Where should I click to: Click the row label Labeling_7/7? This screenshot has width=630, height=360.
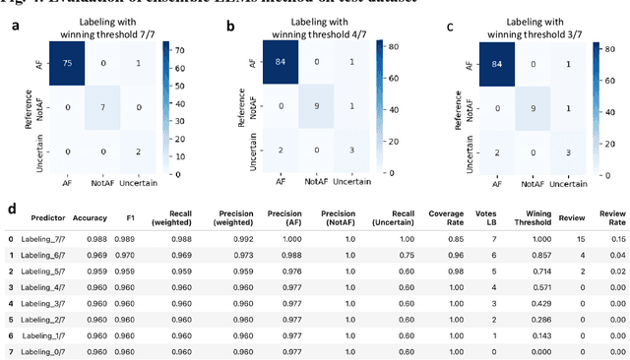tap(51, 238)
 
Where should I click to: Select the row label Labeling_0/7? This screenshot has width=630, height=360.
tap(51, 349)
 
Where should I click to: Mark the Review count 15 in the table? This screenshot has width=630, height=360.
tap(581, 238)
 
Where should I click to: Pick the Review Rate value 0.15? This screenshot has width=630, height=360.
tap(616, 238)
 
